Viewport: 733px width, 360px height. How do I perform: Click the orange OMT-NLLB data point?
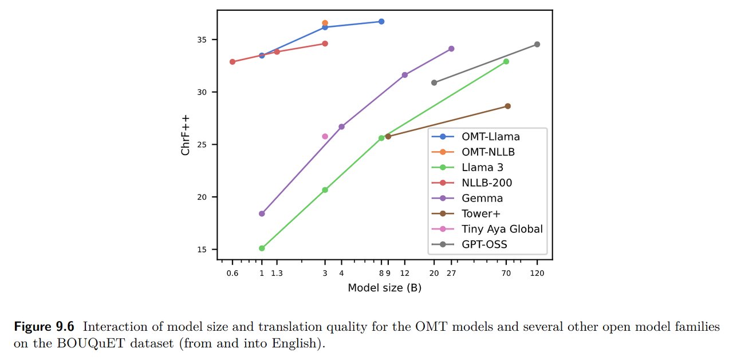tap(325, 23)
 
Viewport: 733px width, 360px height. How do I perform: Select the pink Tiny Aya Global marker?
tap(325, 136)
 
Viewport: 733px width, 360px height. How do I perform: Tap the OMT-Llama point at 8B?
tap(381, 22)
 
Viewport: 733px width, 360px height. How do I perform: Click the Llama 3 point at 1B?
tap(262, 248)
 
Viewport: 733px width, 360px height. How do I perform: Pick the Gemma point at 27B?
tap(451, 49)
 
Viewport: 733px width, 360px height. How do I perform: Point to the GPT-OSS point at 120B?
tap(537, 45)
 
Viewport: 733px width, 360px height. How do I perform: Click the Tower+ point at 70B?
tap(507, 106)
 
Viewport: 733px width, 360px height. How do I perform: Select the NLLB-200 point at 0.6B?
tap(232, 62)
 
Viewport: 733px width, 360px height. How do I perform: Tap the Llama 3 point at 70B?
tap(506, 61)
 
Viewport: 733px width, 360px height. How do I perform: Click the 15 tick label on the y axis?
tap(205, 250)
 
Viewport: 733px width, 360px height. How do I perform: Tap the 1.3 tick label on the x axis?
tap(277, 274)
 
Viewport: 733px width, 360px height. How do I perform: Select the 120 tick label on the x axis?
tap(537, 274)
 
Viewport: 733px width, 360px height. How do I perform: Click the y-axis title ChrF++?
tap(186, 134)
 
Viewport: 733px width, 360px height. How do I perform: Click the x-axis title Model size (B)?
tap(384, 288)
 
